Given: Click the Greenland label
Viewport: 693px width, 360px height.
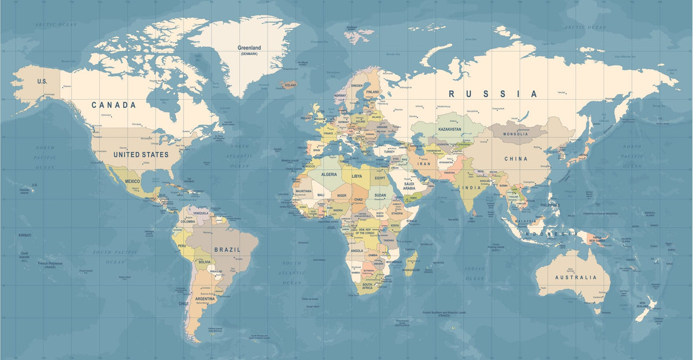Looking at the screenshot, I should point(249,48).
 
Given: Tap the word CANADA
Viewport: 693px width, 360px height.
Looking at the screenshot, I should point(114,105).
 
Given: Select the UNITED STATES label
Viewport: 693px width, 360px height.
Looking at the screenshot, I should point(141,155).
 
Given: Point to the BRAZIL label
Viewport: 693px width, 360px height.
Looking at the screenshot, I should point(227,250).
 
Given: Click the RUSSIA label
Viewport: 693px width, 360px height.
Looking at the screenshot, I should point(493,94).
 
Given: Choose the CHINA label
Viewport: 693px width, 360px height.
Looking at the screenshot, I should point(516,158).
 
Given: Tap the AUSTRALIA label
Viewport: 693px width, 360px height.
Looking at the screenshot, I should point(576,277).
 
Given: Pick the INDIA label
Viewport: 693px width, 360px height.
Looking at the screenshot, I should point(471,188).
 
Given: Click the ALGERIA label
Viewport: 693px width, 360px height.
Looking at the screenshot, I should point(329,175).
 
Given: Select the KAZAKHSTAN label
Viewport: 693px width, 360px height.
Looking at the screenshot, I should point(450,129).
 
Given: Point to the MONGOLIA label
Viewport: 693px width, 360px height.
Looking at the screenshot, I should point(516,134).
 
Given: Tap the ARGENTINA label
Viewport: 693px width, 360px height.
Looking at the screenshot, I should point(204,299).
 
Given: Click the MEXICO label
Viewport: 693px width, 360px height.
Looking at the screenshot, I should point(132,181).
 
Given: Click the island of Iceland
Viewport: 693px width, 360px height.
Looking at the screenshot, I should point(289,85).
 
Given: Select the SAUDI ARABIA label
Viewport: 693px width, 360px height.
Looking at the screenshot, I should point(409,186).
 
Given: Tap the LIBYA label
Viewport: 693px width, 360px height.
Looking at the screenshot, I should point(357,176).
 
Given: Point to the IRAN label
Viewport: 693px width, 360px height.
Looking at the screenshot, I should point(424,164).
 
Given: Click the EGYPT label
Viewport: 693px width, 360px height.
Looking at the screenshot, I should point(379,179).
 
